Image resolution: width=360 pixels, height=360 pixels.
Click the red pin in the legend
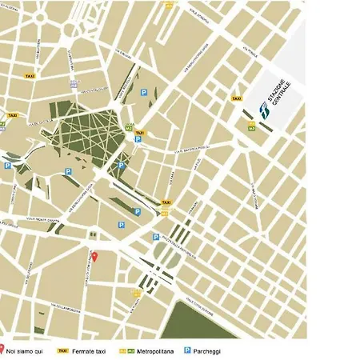2,350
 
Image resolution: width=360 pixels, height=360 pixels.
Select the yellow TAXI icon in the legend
62,350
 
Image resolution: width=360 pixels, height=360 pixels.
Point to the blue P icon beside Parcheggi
187,350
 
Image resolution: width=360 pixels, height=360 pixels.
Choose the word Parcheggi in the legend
208,350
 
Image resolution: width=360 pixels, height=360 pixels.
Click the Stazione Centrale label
275,96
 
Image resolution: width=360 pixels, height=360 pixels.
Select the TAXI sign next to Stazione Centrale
237,98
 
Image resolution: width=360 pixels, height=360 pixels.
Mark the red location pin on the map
94,256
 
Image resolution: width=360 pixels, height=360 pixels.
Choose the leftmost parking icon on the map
7,166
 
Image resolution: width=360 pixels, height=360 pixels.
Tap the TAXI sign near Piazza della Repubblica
166,203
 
